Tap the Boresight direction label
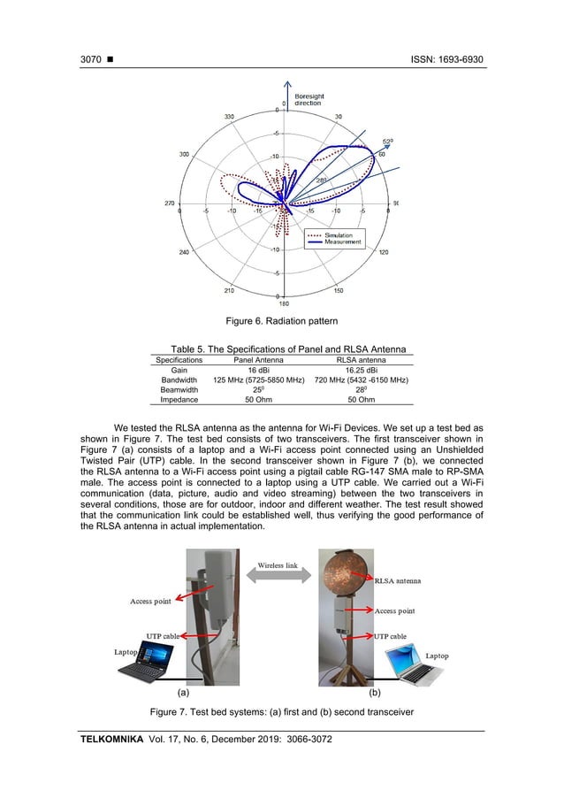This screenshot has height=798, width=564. click(308, 100)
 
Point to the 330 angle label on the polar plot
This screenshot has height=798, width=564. click(229, 116)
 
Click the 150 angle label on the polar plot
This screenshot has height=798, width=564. click(339, 288)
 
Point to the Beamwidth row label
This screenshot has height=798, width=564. click(179, 388)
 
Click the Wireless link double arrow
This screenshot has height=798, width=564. click(278, 577)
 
